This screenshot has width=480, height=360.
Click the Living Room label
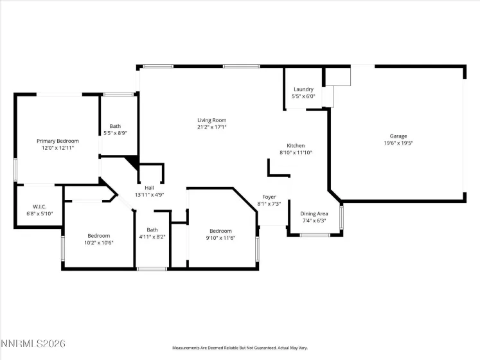coord(211,120)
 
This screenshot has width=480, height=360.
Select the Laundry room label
coord(303,89)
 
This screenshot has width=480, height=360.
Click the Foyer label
coord(269,197)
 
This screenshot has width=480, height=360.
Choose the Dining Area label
coord(315,213)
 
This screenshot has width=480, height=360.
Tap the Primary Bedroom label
coord(58,141)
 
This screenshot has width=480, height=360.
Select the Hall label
coord(149,188)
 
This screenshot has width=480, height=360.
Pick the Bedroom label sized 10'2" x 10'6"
coord(99,235)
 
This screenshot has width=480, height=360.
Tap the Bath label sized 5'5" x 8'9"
coord(115,127)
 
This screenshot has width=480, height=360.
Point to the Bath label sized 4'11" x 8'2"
coord(152,230)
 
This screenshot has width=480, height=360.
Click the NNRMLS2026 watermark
coord(33,345)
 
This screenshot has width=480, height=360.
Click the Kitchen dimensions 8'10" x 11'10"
coord(296,153)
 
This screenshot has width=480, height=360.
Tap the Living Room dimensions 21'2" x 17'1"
coord(211,127)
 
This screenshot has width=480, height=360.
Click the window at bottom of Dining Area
coord(315,235)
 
